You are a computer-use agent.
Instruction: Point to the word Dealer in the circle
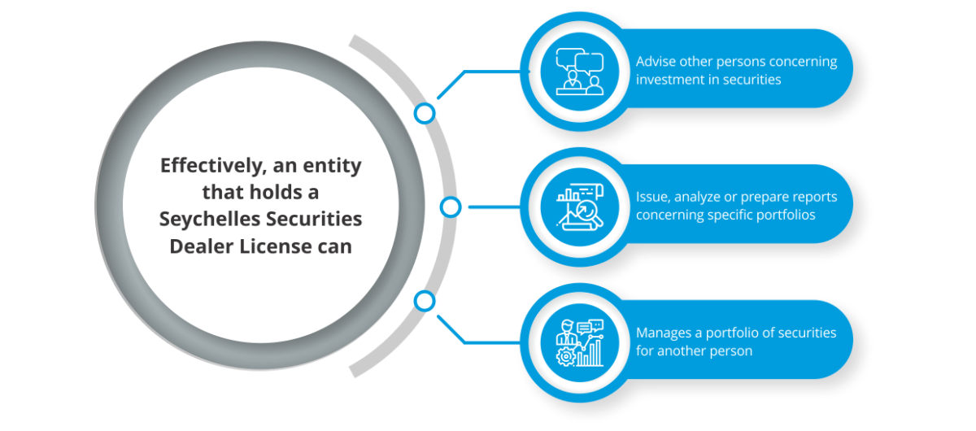200,246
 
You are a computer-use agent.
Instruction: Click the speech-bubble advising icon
578,72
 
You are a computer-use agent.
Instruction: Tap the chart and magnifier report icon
578,207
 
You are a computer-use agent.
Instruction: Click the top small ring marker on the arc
424,113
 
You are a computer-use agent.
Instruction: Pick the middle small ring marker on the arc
450,207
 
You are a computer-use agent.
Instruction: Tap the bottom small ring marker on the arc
424,302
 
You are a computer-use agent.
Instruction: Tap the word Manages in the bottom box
664,333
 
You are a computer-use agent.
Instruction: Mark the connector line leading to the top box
488,72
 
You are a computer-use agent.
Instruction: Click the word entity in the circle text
331,166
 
